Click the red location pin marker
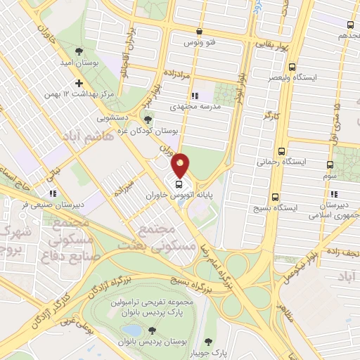coord(180,165)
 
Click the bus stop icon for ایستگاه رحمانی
coord(282,151)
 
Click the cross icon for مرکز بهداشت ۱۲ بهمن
coord(79,84)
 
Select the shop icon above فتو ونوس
coord(200,32)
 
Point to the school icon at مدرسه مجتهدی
coord(195,96)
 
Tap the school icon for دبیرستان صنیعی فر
coord(51,194)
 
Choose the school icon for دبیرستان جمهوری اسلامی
coord(334,193)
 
